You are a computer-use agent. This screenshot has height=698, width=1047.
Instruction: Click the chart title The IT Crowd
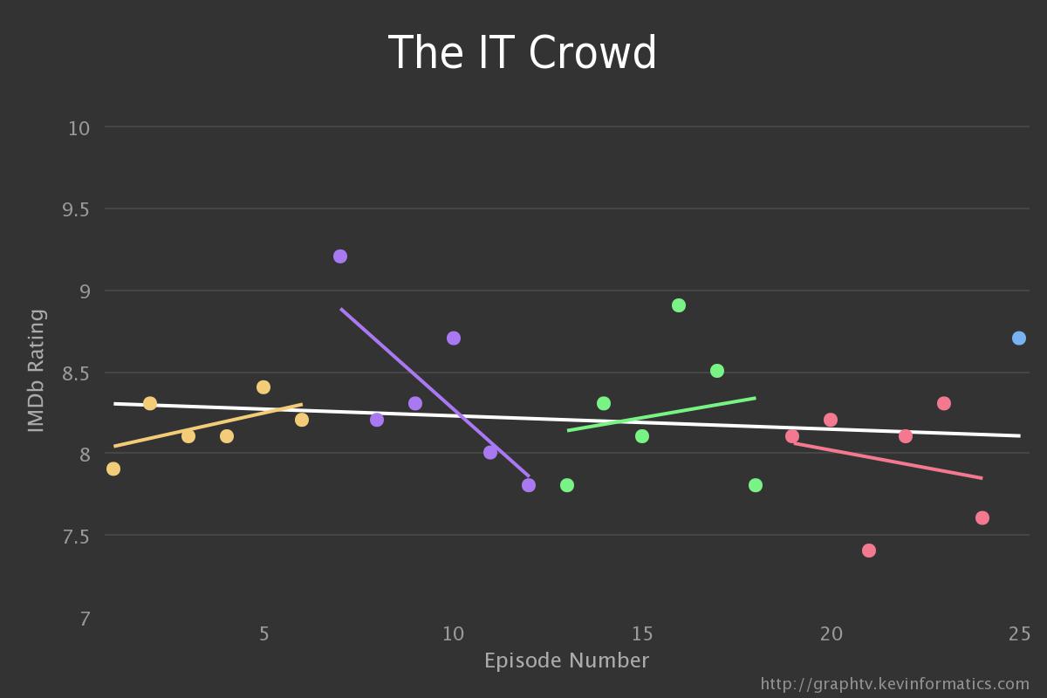click(x=522, y=53)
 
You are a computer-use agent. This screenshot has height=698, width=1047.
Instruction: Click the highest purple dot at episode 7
click(x=340, y=257)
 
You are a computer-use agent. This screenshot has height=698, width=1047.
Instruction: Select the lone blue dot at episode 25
click(x=1019, y=338)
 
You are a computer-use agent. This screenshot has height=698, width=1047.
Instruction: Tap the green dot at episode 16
click(x=679, y=305)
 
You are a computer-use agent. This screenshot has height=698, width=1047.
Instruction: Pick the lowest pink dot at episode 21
click(x=869, y=551)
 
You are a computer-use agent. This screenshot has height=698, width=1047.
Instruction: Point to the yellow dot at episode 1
click(x=113, y=469)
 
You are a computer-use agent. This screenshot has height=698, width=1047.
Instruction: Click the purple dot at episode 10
click(x=454, y=338)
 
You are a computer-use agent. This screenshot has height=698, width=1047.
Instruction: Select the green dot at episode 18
click(x=756, y=485)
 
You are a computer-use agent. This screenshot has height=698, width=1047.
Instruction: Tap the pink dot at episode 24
click(x=982, y=518)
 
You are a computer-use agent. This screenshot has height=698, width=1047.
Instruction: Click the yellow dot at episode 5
click(x=263, y=387)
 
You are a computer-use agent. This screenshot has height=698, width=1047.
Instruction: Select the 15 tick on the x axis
click(x=642, y=633)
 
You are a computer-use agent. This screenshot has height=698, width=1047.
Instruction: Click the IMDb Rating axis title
click(x=36, y=370)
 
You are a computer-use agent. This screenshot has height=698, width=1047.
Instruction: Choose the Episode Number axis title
click(x=566, y=660)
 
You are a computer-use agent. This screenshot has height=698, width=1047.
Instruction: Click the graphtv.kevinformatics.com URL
click(x=894, y=684)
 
